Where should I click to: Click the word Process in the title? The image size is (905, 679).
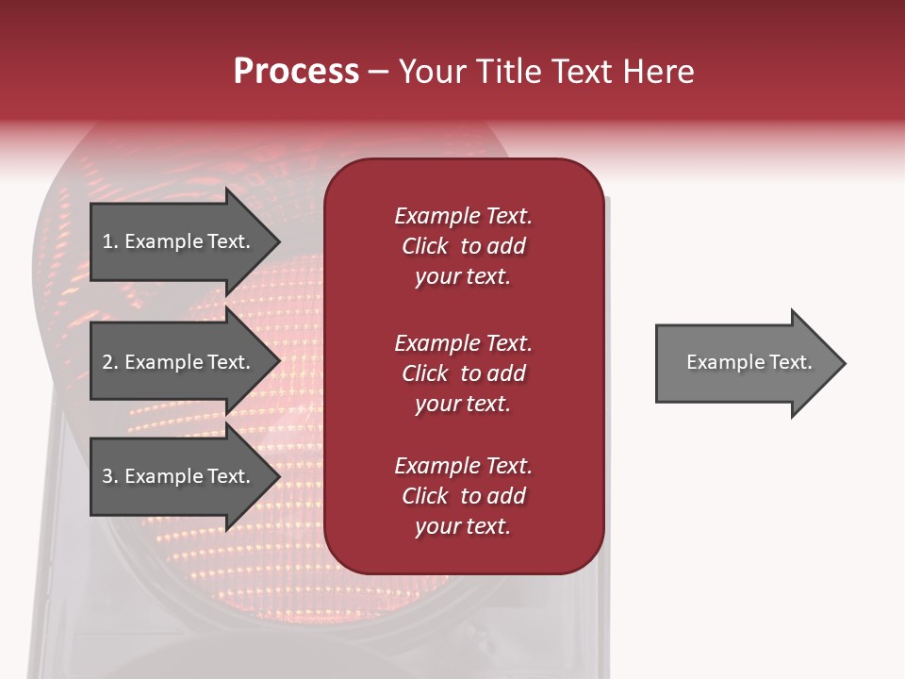pyautogui.click(x=296, y=72)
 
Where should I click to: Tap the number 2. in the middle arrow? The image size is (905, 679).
pyautogui.click(x=110, y=362)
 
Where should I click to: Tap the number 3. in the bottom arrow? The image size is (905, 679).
pyautogui.click(x=110, y=476)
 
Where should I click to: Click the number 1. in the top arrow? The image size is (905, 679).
pyautogui.click(x=110, y=241)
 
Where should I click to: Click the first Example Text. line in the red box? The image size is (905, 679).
pyautogui.click(x=463, y=216)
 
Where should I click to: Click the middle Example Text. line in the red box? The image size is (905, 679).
pyautogui.click(x=463, y=342)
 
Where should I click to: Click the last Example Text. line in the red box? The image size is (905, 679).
pyautogui.click(x=463, y=466)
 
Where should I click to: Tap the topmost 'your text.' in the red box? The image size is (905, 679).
pyautogui.click(x=463, y=277)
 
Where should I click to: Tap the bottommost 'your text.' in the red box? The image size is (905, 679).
pyautogui.click(x=463, y=527)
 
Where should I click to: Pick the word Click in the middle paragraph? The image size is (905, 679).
pyautogui.click(x=425, y=373)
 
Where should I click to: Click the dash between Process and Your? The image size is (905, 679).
pyautogui.click(x=378, y=73)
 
